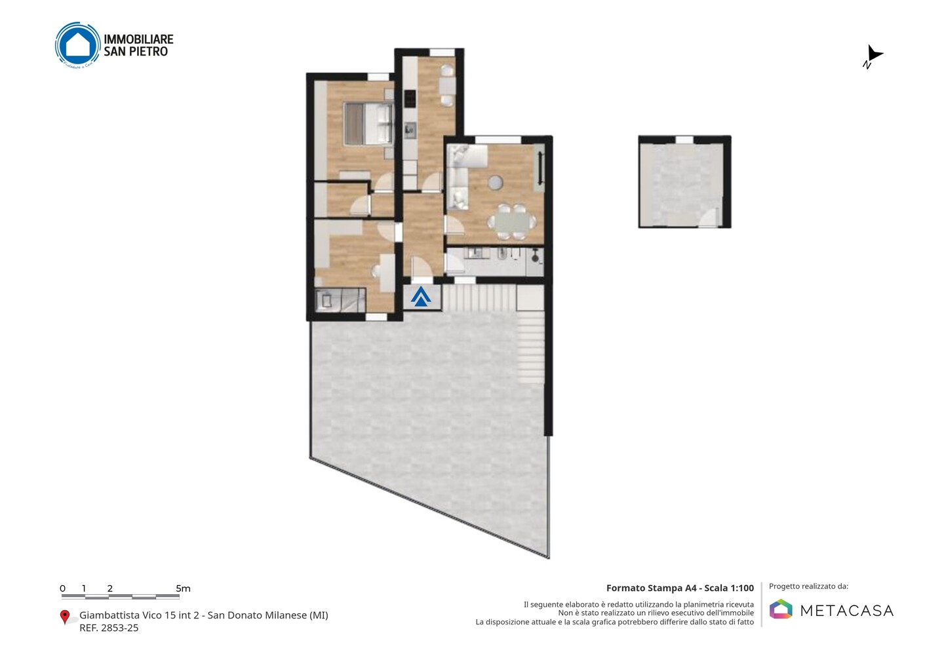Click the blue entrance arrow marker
(x=421, y=297)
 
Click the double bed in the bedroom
(x=368, y=123)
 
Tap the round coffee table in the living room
(x=495, y=182)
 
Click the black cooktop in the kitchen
(x=410, y=98)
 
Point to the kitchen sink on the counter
(x=410, y=130)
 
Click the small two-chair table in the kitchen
(x=447, y=85)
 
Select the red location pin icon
(x=65, y=617)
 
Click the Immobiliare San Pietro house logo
(x=78, y=45)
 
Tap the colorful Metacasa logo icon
(x=781, y=609)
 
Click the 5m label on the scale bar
(x=183, y=588)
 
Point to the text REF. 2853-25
(x=109, y=628)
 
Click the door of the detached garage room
(x=708, y=218)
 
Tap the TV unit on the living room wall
(x=541, y=168)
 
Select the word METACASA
(x=846, y=611)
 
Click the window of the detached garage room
(x=684, y=140)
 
